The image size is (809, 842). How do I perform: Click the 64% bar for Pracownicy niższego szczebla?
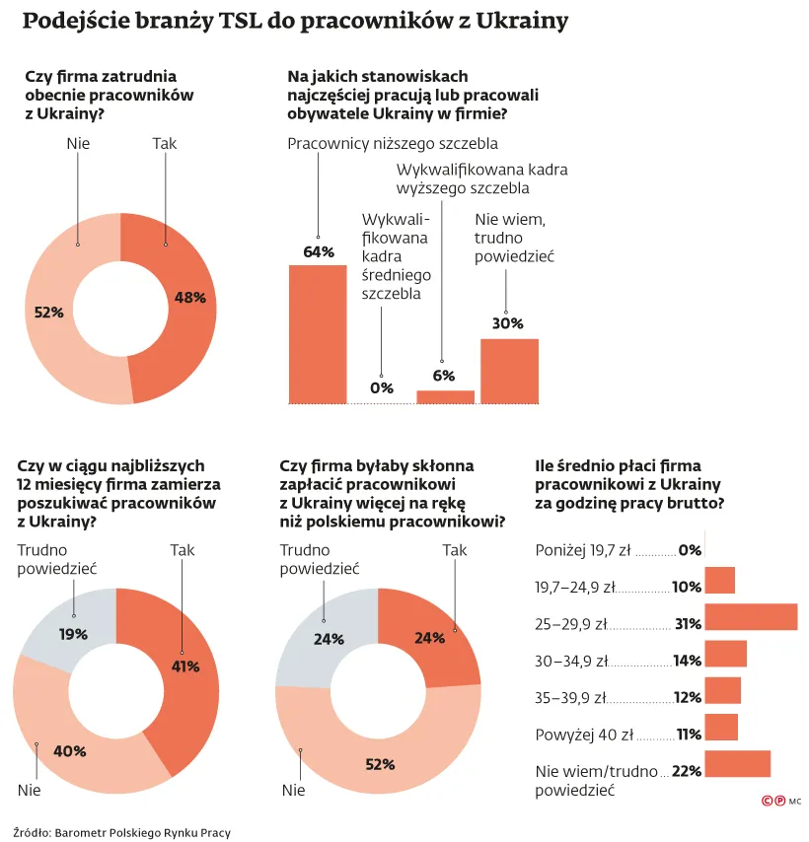click(x=317, y=334)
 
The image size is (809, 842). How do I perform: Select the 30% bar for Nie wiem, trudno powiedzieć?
click(x=509, y=371)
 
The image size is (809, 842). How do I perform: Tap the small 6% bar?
click(x=445, y=396)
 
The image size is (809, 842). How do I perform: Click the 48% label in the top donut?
click(x=189, y=297)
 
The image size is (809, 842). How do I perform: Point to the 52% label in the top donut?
click(x=48, y=312)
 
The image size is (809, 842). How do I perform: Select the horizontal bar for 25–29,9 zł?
click(x=751, y=617)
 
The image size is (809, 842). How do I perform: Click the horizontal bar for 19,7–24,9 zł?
click(x=720, y=581)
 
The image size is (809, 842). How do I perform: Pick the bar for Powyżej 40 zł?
click(x=721, y=728)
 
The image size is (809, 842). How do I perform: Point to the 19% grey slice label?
click(x=73, y=634)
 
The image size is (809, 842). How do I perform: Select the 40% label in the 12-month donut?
click(x=70, y=751)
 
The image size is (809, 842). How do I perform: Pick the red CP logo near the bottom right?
click(x=772, y=803)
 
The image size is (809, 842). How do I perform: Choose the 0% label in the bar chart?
click(x=381, y=387)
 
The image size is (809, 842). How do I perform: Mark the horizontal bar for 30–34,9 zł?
click(x=726, y=654)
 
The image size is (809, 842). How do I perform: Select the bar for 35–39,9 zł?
click(x=723, y=690)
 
